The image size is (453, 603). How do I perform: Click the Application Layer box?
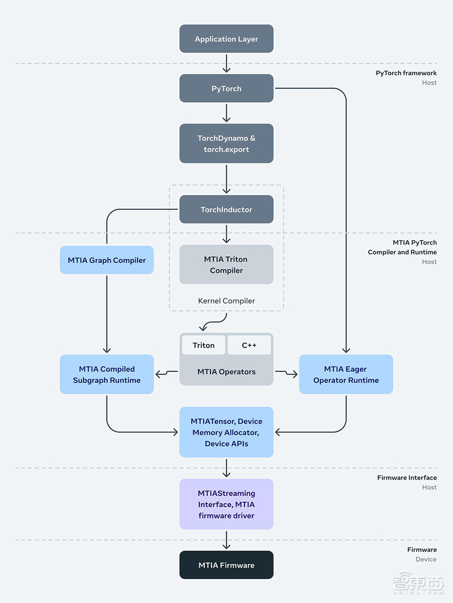(x=226, y=39)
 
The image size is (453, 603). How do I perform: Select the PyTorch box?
(x=226, y=88)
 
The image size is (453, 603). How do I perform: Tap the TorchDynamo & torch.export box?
(x=226, y=143)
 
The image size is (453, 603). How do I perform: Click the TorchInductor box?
(x=226, y=209)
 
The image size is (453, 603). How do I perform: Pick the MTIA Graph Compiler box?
(x=107, y=260)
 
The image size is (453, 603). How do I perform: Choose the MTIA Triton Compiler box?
(x=226, y=265)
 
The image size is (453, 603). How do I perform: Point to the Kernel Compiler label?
(x=226, y=301)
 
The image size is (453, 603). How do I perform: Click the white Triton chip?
(x=204, y=345)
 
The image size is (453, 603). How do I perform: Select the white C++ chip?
(x=249, y=345)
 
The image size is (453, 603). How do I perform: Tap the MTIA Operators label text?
(x=226, y=372)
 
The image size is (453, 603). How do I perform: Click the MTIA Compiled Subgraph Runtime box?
(x=107, y=375)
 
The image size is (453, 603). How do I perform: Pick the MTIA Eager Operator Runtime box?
(x=346, y=375)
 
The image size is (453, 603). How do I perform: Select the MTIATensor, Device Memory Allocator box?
(x=226, y=432)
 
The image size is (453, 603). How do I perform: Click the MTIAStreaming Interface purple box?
(x=226, y=504)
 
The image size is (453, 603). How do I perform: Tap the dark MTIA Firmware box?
(x=226, y=565)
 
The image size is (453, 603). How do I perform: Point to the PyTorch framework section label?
(x=406, y=73)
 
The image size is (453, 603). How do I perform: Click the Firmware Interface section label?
(x=407, y=478)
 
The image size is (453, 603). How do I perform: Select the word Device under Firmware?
(x=426, y=560)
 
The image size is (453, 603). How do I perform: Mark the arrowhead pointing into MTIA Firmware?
(x=226, y=546)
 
